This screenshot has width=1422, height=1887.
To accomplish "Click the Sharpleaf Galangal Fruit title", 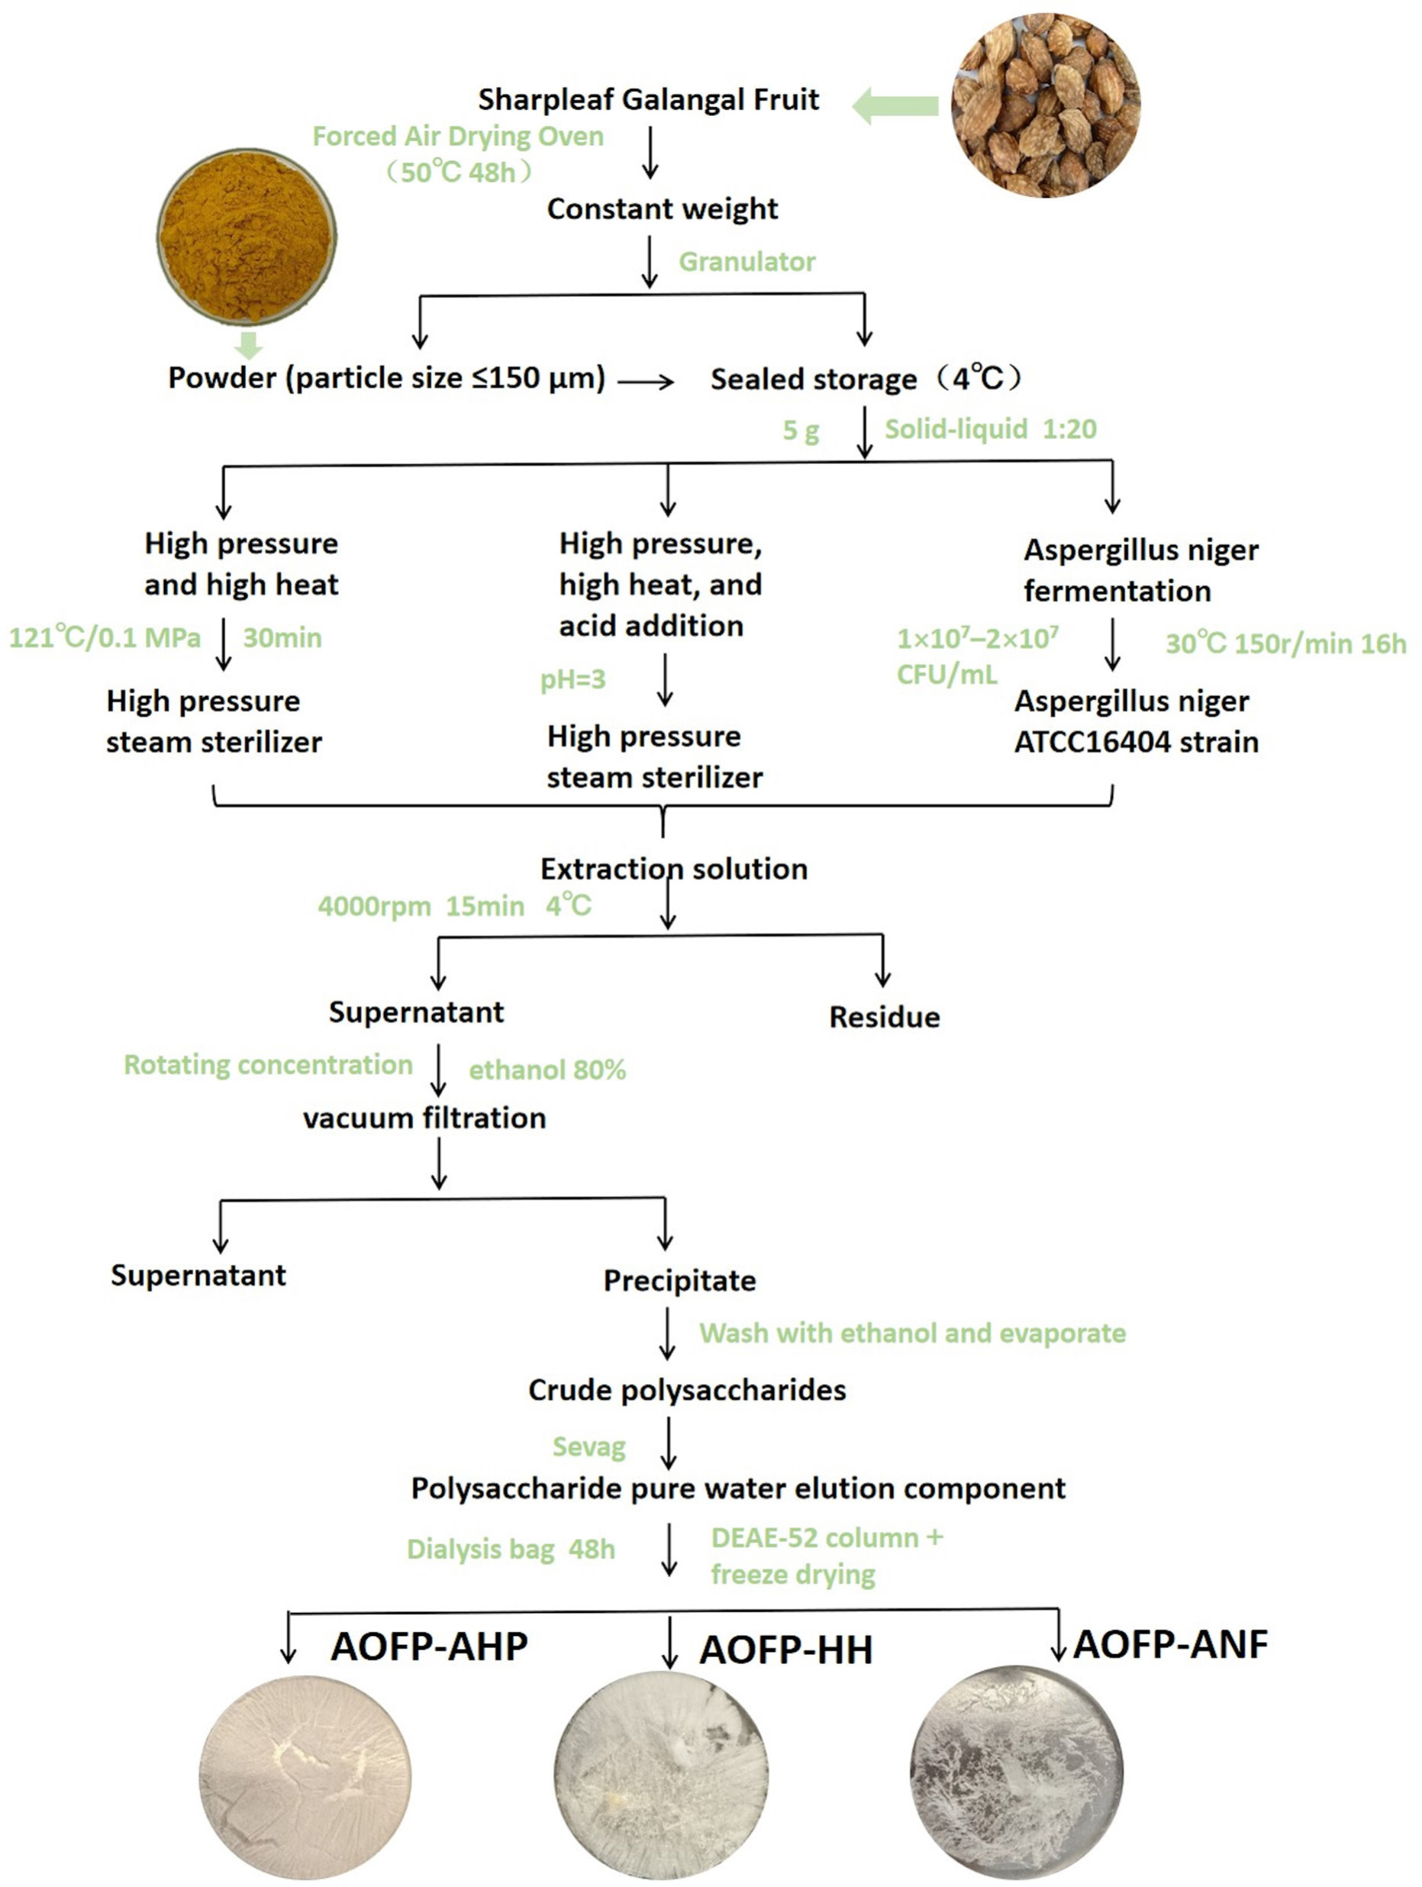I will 647,100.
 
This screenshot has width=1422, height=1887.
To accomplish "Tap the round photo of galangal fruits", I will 1045,105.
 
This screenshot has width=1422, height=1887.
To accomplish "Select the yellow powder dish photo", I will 247,237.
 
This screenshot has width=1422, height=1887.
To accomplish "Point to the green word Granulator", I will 746,261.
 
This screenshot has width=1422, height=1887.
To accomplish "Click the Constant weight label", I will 662,209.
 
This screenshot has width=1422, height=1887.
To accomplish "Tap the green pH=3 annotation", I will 572,679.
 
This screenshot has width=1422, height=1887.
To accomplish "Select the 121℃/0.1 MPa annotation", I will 105,637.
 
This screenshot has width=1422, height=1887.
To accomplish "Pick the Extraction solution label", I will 673,869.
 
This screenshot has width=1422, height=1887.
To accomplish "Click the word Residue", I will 884,1017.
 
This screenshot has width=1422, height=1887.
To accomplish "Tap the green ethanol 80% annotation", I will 547,1069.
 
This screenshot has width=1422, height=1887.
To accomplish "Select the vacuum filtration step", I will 424,1118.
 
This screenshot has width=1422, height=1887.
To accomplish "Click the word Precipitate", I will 679,1280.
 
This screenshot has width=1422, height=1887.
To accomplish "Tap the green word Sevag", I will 588,1447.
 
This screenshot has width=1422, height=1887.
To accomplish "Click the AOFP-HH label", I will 785,1650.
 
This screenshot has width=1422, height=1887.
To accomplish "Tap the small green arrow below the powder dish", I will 248,344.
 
